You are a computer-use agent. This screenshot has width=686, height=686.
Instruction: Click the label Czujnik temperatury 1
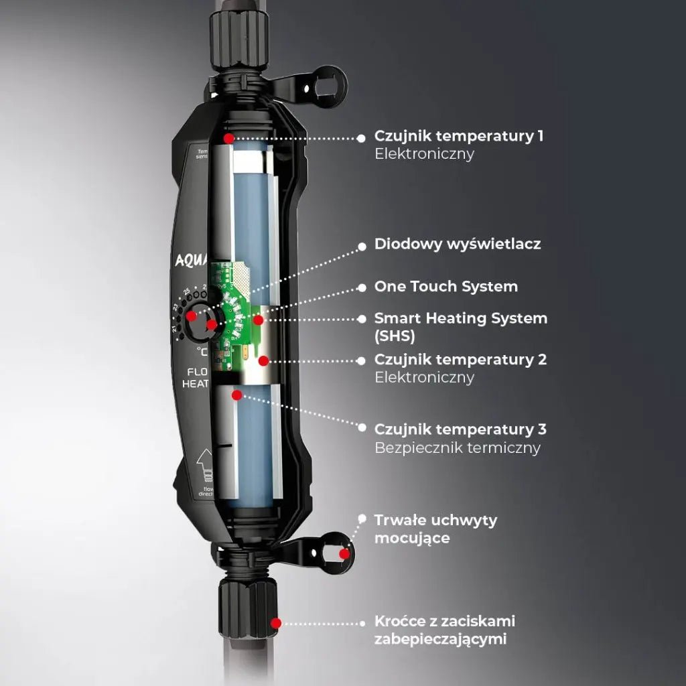459,137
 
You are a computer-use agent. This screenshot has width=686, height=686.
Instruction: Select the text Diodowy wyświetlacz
458,245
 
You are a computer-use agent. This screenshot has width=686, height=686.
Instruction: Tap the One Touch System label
445,287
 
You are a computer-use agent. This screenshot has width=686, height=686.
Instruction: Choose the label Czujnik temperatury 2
460,360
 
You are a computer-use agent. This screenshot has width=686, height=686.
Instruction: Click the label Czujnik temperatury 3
460,429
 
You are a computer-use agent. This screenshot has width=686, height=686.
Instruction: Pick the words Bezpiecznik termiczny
457,448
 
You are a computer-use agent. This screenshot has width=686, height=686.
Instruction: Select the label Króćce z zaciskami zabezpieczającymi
444,630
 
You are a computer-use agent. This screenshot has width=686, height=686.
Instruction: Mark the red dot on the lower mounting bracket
344,553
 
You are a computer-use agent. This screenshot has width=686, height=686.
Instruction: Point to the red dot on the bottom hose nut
275,623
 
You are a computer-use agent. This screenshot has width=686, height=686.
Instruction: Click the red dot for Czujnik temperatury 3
236,395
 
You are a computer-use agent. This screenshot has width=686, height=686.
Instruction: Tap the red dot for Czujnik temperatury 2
263,361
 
